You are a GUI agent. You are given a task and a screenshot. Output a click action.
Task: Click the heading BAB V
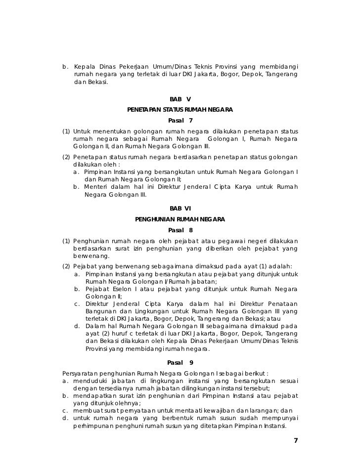[x=180, y=99]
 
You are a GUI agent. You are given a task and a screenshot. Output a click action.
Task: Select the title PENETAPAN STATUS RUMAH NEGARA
[x=180, y=110]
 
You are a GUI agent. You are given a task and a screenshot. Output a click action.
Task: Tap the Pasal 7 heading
[x=180, y=121]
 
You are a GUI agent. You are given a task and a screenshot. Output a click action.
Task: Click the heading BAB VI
[x=180, y=209]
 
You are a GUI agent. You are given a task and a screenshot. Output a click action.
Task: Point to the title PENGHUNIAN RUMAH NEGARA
[x=180, y=219]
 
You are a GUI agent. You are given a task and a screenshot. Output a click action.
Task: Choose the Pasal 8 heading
[x=180, y=230]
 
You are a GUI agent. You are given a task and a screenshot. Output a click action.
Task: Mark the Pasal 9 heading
[x=180, y=363]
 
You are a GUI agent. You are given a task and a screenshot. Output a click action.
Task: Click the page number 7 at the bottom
[x=296, y=441]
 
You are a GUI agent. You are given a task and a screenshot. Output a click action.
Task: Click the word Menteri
[x=96, y=187]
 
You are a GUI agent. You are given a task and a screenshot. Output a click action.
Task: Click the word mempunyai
[x=280, y=419]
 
